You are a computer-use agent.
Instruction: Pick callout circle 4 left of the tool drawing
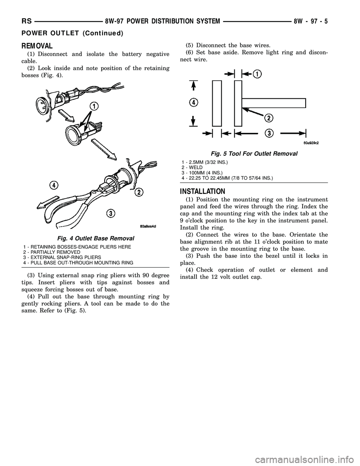point(193,102)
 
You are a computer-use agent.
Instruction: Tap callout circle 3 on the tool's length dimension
point(269,133)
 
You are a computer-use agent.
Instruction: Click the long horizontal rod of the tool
point(273,102)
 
